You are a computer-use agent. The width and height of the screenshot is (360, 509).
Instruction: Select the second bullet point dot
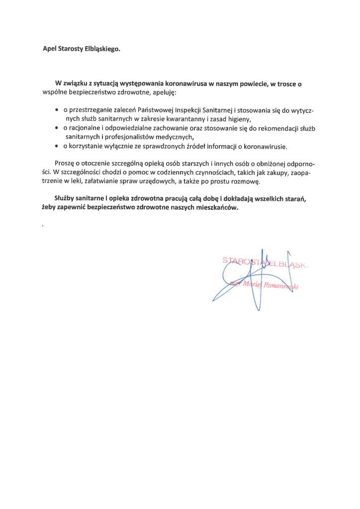57,128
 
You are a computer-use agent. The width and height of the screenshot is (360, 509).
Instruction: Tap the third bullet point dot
57,146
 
